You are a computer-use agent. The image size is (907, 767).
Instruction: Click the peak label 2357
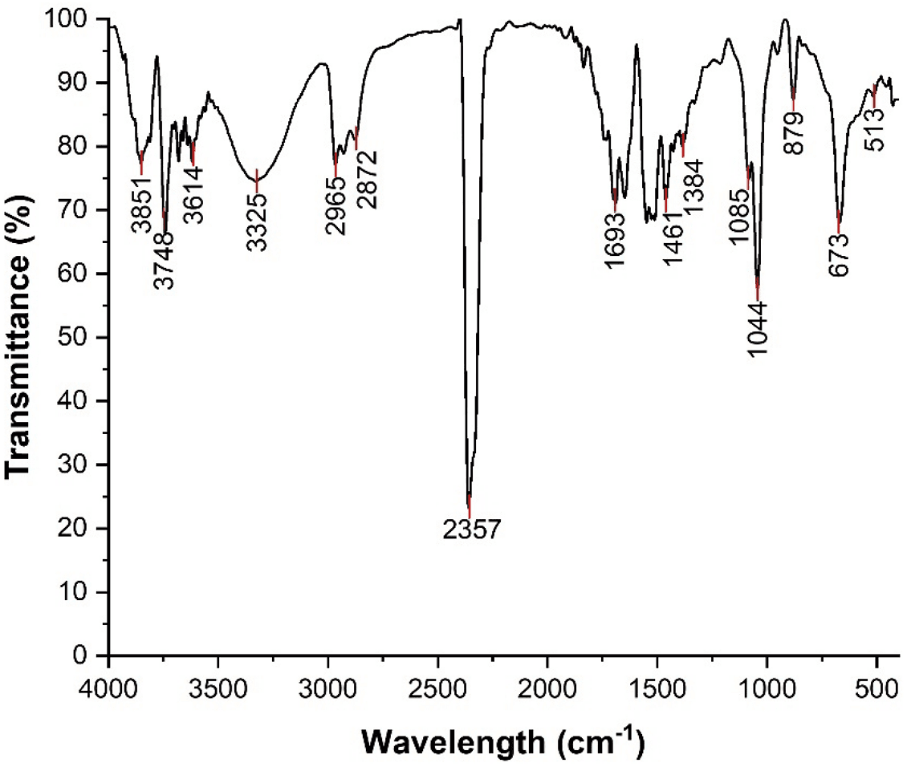coord(472,530)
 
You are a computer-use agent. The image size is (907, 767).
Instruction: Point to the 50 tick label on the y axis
coord(84,337)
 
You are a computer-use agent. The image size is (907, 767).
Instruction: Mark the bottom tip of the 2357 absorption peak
coord(469,502)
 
